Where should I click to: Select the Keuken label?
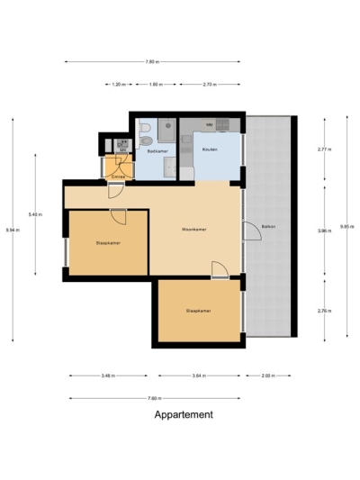209,149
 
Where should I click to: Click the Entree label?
116,177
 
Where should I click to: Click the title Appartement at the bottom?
184,415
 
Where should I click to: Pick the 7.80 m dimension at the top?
153,62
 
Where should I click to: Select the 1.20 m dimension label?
118,84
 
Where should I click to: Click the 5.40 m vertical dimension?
34,214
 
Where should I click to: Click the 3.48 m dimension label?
108,375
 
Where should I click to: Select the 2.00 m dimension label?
267,375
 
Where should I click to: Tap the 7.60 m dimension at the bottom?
153,397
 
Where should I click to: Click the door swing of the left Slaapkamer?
118,216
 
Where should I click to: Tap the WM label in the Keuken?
209,123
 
